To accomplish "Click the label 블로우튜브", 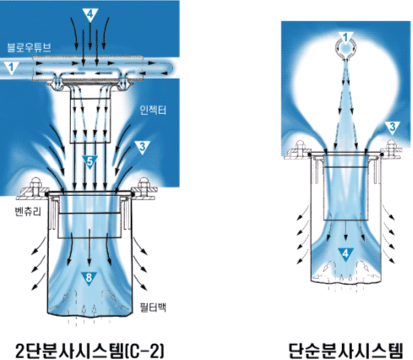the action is pyautogui.click(x=29, y=47).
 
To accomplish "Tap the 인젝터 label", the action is pyautogui.click(x=153, y=110).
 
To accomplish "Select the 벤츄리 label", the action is pyautogui.click(x=28, y=211).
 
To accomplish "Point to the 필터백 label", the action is pyautogui.click(x=153, y=307).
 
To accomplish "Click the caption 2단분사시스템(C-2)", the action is pyautogui.click(x=90, y=350).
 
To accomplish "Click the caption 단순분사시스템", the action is pyautogui.click(x=346, y=350).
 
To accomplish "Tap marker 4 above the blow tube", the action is pyautogui.click(x=90, y=14).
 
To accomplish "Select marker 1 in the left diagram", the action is pyautogui.click(x=11, y=68).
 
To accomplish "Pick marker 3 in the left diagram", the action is pyautogui.click(x=142, y=147).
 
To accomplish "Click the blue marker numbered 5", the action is pyautogui.click(x=90, y=162).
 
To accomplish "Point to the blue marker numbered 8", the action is pyautogui.click(x=89, y=278).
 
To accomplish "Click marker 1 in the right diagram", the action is pyautogui.click(x=346, y=38).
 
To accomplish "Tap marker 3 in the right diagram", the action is pyautogui.click(x=393, y=128).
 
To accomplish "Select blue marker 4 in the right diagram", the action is pyautogui.click(x=345, y=254).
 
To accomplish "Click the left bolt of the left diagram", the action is pyautogui.click(x=36, y=184).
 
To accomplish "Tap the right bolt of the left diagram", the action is pyautogui.click(x=144, y=184).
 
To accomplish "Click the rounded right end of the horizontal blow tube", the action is pyautogui.click(x=171, y=68).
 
